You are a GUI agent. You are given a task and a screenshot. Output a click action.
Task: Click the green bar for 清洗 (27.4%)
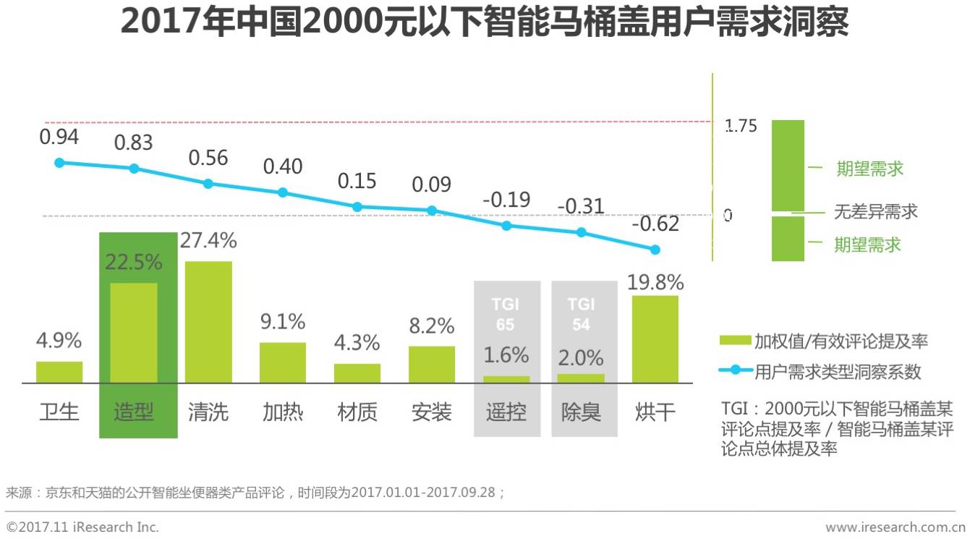[208, 322]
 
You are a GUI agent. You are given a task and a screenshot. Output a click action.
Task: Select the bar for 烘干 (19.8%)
[655, 339]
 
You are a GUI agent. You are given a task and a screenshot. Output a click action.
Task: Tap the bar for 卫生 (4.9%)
[59, 372]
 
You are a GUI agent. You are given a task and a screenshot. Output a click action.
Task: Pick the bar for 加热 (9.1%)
[283, 362]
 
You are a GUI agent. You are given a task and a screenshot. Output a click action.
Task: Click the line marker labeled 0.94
[59, 163]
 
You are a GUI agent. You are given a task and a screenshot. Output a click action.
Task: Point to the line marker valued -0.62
[655, 250]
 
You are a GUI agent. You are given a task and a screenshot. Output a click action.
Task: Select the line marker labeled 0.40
[283, 192]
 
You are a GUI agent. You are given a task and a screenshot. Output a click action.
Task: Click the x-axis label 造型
[134, 412]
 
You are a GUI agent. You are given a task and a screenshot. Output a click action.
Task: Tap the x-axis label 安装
[432, 412]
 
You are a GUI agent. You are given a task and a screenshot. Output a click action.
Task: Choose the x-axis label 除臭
[581, 412]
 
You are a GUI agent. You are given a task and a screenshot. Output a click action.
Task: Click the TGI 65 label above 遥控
[506, 315]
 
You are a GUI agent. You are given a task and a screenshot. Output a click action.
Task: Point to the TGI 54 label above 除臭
[581, 315]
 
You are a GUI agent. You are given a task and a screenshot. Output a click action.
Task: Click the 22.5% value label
[134, 262]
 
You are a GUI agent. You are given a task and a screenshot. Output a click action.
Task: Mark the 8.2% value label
[432, 326]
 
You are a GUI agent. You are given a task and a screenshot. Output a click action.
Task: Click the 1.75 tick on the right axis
[741, 126]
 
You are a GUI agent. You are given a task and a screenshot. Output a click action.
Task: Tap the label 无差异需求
[875, 211]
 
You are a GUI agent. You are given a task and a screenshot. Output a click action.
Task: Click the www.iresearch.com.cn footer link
[895, 527]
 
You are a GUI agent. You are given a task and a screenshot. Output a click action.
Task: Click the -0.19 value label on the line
[506, 199]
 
